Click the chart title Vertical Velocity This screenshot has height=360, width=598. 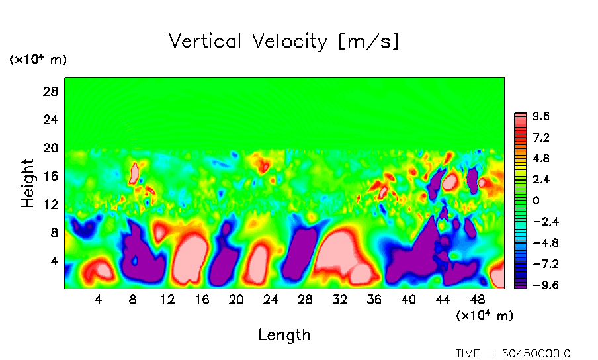(284, 42)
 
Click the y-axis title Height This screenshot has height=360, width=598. (28, 183)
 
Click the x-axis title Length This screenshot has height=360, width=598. (284, 335)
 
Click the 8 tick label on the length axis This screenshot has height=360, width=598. (133, 299)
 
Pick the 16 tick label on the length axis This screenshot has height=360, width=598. (202, 299)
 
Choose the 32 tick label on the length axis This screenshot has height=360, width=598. (339, 299)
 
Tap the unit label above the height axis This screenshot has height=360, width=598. (38, 60)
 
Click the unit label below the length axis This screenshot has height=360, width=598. (484, 316)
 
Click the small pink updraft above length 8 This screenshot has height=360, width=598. (134, 173)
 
